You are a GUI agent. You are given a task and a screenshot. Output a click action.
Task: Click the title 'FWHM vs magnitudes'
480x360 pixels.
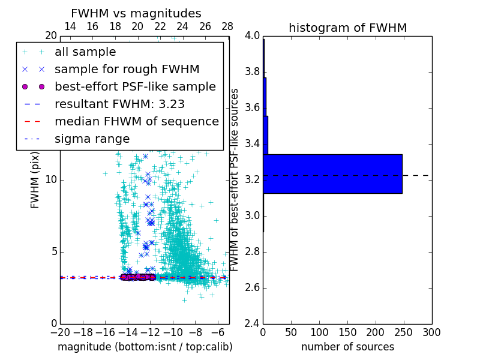(x=136, y=13)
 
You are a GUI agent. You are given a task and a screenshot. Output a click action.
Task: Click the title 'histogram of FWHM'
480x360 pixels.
(x=347, y=28)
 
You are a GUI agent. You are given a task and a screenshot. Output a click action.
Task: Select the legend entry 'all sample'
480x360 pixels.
(x=85, y=52)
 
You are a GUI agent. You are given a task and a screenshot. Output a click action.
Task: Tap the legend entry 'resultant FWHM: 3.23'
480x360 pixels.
(x=119, y=104)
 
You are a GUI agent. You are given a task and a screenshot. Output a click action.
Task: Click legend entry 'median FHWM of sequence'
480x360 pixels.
(x=136, y=121)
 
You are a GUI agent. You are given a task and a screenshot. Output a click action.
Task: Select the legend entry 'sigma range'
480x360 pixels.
(x=92, y=139)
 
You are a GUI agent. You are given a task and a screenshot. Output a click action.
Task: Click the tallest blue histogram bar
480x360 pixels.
(x=332, y=174)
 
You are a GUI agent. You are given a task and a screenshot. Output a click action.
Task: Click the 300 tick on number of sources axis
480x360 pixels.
(x=431, y=332)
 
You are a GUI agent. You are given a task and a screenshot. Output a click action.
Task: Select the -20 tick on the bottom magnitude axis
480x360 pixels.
(x=60, y=332)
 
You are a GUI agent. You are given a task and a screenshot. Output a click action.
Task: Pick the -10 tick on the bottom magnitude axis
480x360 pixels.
(x=173, y=332)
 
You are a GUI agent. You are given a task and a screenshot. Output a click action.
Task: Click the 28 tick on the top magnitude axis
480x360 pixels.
(x=227, y=26)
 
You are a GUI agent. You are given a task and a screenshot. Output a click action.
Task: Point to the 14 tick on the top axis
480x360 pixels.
(x=70, y=26)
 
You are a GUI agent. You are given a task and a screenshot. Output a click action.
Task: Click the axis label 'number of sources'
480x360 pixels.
(x=347, y=347)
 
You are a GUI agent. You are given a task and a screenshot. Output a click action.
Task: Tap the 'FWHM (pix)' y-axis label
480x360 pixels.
(x=35, y=179)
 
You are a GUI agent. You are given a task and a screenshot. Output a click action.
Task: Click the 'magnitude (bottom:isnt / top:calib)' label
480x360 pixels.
(x=145, y=347)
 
